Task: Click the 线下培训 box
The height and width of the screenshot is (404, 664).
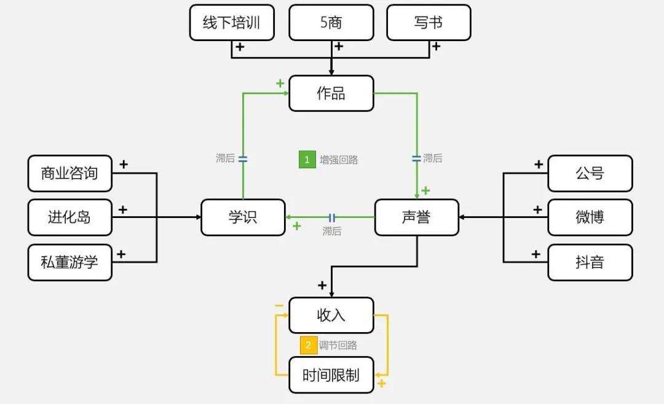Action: (232, 23)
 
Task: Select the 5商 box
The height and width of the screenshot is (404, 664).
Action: (331, 23)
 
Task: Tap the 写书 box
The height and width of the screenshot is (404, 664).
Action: (429, 23)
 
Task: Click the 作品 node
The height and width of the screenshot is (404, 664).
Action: (331, 93)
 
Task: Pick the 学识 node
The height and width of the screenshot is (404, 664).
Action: (243, 217)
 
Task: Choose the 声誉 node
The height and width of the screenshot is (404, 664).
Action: (417, 217)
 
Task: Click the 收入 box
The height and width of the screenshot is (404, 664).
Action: (331, 316)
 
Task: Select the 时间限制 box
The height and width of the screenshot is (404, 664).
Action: (331, 375)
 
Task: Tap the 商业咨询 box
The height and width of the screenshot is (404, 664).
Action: (70, 173)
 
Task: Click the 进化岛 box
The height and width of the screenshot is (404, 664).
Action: (70, 217)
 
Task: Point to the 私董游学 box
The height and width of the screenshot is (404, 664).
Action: (70, 263)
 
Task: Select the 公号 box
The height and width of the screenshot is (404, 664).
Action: (590, 173)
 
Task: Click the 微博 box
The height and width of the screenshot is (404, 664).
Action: (590, 217)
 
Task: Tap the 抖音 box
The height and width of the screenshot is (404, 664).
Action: (590, 263)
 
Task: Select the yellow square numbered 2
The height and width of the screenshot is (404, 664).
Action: (309, 345)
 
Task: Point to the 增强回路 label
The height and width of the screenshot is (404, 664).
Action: (339, 160)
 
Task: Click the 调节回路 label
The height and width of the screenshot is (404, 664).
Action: (338, 345)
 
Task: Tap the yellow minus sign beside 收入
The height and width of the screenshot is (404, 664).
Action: (279, 305)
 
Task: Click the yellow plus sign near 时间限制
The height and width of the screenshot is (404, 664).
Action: (381, 384)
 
